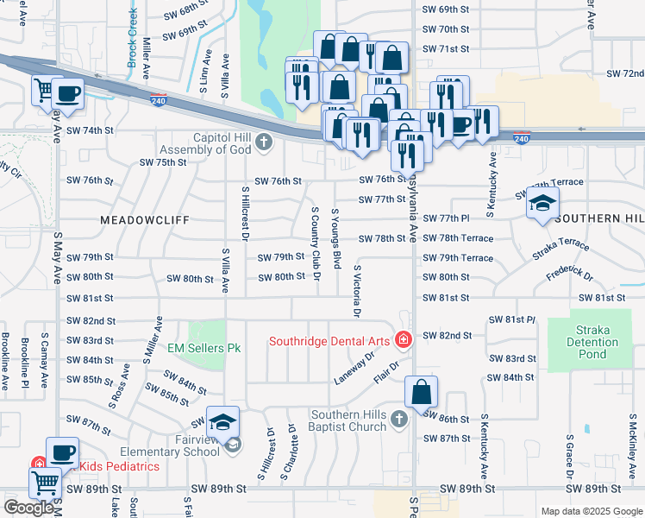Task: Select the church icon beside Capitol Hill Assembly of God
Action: [264, 142]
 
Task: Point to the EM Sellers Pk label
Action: [204, 347]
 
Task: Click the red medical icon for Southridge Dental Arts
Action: [402, 340]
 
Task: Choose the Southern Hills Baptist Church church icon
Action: [398, 419]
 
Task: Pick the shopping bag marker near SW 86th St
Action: [420, 391]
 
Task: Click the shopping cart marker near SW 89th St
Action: [45, 483]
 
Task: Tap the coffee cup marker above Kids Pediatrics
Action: [62, 452]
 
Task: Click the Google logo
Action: [28, 508]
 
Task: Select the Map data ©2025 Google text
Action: [591, 511]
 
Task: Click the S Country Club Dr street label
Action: [315, 250]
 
